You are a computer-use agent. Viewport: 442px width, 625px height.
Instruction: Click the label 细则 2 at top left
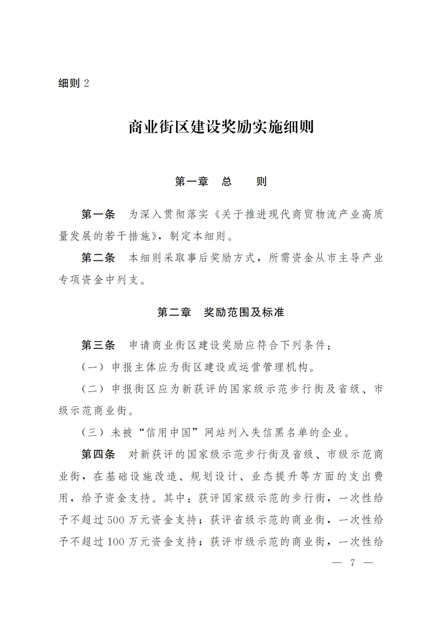pyautogui.click(x=74, y=83)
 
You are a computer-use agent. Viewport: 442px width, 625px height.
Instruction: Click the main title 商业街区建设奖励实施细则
pyautogui.click(x=221, y=127)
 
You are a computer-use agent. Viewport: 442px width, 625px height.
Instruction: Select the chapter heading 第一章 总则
pyautogui.click(x=221, y=182)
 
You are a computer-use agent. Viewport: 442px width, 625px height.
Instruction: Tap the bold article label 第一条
pyautogui.click(x=98, y=214)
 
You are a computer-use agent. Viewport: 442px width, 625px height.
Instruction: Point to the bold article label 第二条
pyautogui.click(x=98, y=258)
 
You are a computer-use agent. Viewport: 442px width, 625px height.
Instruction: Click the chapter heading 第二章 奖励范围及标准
pyautogui.click(x=221, y=312)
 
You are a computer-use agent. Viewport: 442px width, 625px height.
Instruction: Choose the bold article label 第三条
pyautogui.click(x=98, y=345)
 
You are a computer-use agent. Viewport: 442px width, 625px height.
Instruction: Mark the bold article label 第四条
pyautogui.click(x=98, y=454)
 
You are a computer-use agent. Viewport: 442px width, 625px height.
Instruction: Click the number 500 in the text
pyautogui.click(x=116, y=520)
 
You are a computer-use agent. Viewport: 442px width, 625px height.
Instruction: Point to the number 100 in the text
pyautogui.click(x=116, y=542)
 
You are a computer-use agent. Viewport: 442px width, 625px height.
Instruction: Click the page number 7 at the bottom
pyautogui.click(x=353, y=563)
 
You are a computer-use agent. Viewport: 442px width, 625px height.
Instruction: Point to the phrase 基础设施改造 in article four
pyautogui.click(x=135, y=477)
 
